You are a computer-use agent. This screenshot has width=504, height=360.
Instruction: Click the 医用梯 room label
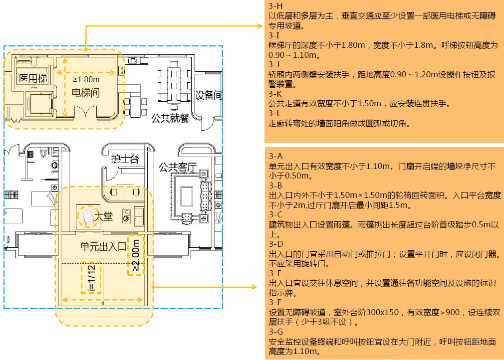coord(33,79)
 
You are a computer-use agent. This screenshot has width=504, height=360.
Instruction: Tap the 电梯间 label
coord(85,93)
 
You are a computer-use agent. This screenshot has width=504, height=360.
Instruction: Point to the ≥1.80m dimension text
coord(86,79)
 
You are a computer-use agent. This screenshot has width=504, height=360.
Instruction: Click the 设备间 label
coord(208,95)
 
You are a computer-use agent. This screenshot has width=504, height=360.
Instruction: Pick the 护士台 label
coord(124,159)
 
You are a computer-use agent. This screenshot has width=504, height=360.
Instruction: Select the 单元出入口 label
coord(102,246)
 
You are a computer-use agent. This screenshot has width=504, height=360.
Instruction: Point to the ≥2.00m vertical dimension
coord(136,255)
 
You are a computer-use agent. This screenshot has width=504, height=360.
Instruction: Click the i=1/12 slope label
coord(91,278)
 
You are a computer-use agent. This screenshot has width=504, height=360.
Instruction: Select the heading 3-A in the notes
coord(275,156)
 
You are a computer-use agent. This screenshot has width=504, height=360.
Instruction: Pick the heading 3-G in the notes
coord(275,332)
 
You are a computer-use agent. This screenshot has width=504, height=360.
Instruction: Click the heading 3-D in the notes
coord(275,244)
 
